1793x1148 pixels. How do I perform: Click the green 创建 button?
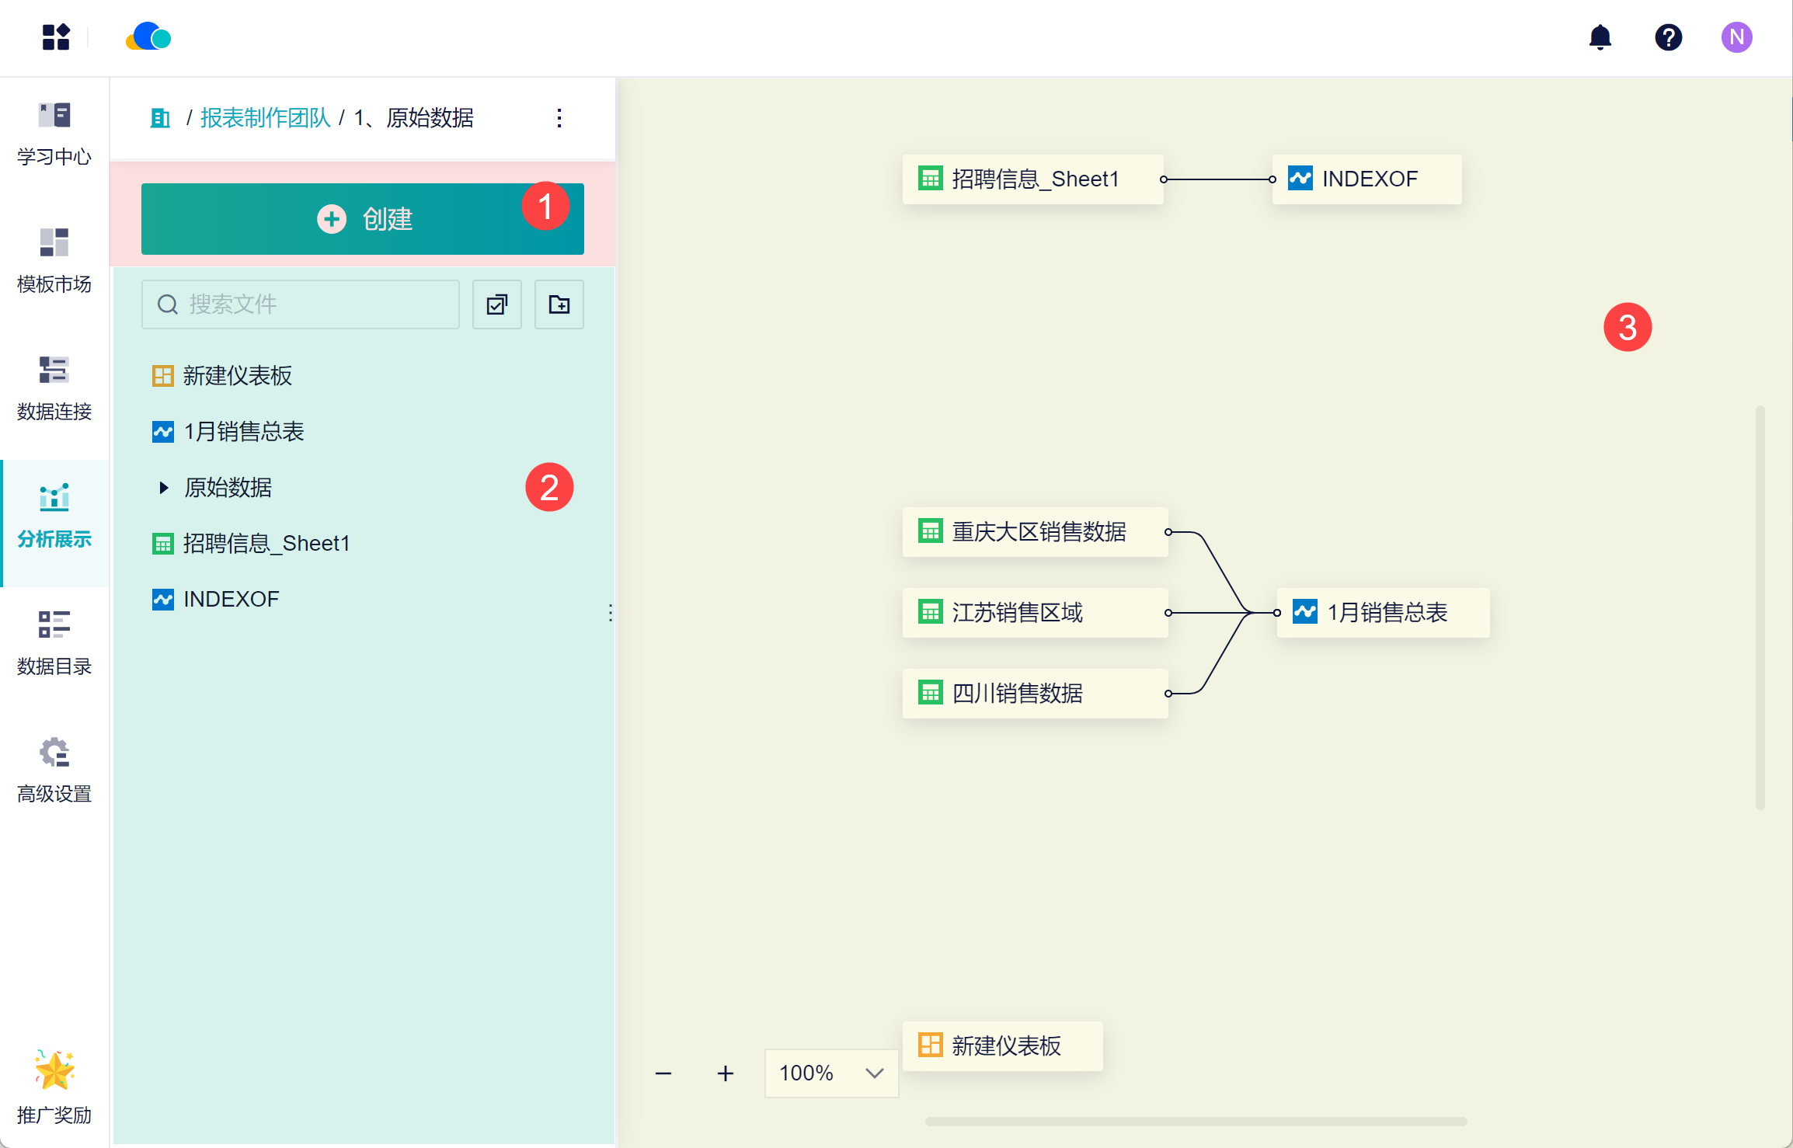click(x=362, y=219)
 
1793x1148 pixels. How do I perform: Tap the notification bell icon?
click(x=1600, y=37)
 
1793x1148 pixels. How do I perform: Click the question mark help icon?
click(x=1669, y=37)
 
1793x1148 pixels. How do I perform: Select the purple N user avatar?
click(x=1737, y=37)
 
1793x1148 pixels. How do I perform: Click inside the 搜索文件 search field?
click(x=301, y=304)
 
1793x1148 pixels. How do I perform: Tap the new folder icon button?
click(x=559, y=304)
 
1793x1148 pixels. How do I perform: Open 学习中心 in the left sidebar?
click(x=54, y=134)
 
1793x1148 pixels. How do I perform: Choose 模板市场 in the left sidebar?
click(x=54, y=261)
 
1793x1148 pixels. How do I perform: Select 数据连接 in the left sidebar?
click(x=54, y=388)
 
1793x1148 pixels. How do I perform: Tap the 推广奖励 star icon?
click(x=54, y=1070)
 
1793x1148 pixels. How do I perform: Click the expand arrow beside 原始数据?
click(x=163, y=488)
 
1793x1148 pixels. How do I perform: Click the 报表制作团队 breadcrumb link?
click(x=266, y=118)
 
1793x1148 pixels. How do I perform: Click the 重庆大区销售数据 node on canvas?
click(x=1035, y=532)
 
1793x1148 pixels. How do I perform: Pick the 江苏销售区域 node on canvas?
click(x=1035, y=613)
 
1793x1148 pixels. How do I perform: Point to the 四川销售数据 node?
click(x=1035, y=694)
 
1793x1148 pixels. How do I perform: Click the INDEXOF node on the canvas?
click(x=1367, y=179)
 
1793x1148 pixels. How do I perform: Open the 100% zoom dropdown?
click(x=831, y=1073)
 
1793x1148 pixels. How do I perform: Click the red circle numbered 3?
click(x=1628, y=327)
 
